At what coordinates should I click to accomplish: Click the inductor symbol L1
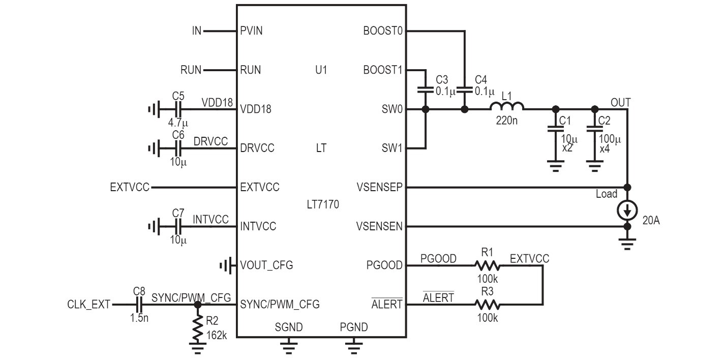pos(507,106)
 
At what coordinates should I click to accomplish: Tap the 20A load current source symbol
pos(627,210)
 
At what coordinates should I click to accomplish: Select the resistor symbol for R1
pos(487,265)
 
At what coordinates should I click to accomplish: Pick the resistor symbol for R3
pos(487,305)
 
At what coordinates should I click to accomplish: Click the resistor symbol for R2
pos(198,328)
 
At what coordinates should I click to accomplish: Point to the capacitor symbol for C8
pos(139,305)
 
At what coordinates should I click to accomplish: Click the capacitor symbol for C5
pos(178,109)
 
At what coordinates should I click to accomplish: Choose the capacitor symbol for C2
pos(595,129)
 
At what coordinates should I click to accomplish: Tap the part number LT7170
pos(323,204)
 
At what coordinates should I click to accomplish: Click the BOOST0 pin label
pos(383,31)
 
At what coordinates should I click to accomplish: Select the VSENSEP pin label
pos(379,187)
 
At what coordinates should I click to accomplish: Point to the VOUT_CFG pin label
pos(266,265)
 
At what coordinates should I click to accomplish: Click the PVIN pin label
pos(251,31)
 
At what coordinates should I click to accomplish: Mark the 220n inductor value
pos(507,121)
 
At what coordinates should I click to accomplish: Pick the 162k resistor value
pos(217,335)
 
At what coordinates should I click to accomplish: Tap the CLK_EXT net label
pos(88,305)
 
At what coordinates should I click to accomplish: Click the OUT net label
pos(621,103)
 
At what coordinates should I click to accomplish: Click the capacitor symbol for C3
pos(426,89)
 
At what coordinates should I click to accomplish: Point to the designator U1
pos(321,70)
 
